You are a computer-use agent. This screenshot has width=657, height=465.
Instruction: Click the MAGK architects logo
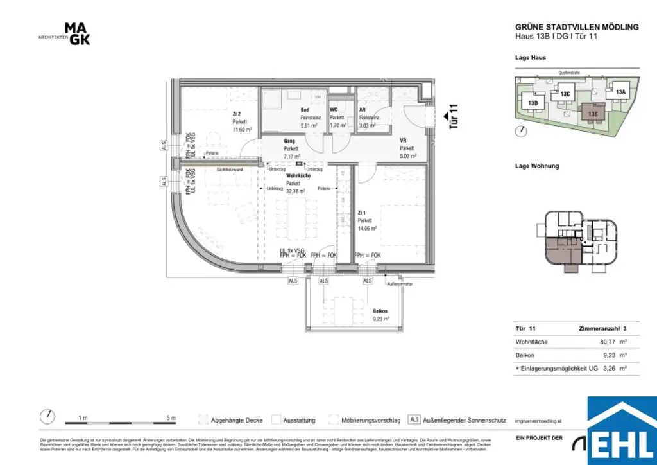point(77,33)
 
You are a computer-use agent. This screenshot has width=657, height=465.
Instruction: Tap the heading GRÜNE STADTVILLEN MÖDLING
point(577,27)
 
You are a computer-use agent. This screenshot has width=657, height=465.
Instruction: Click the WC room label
point(334,110)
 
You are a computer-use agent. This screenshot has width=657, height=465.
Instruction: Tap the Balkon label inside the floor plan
point(380,311)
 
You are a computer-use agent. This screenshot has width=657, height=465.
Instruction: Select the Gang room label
point(289,141)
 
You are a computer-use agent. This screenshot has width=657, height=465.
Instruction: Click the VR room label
point(403,141)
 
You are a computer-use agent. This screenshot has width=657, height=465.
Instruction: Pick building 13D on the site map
point(533,103)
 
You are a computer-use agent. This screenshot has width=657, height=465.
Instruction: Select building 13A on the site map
point(620,92)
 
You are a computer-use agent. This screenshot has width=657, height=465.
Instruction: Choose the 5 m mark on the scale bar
point(171,419)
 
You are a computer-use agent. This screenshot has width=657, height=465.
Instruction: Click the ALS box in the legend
point(414,420)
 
